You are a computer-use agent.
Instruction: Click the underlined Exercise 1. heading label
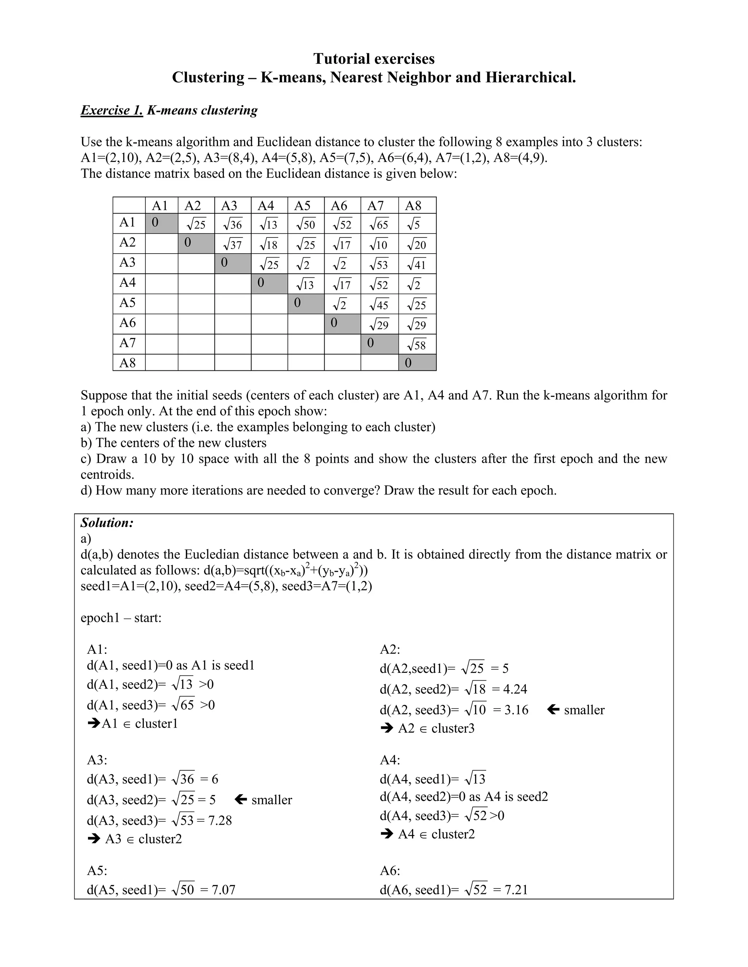coord(112,110)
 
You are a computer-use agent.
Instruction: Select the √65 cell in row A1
coord(379,224)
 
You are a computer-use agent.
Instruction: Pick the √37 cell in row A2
coord(232,244)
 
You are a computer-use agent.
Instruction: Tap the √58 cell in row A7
coord(416,344)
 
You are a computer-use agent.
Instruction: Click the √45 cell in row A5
coord(379,305)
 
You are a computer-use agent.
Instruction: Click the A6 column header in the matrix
coord(339,205)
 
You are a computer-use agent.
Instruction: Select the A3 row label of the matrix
coord(127,263)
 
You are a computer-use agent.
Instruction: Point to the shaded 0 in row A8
coord(408,363)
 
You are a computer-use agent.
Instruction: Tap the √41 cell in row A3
coord(416,264)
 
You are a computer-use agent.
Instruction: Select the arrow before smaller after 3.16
coord(553,710)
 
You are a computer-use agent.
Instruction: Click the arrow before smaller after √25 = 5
coord(241,800)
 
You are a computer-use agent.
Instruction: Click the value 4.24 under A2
coord(515,689)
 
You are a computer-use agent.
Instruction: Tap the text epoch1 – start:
coord(121,618)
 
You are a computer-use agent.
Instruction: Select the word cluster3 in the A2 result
coord(453,728)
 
